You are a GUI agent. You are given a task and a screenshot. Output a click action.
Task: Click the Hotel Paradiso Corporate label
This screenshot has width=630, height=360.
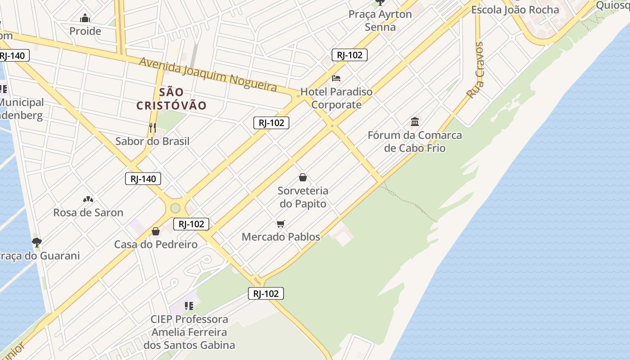tap(337, 98)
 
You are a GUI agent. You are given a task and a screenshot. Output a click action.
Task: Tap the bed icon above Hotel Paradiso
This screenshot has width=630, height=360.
tap(336, 78)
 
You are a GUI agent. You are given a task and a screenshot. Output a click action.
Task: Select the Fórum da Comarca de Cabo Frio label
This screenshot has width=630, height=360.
tap(414, 141)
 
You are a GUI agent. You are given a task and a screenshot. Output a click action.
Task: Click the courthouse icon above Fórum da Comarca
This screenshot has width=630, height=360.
tap(415, 121)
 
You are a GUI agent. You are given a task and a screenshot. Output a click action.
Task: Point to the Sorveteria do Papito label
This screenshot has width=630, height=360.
tap(303, 197)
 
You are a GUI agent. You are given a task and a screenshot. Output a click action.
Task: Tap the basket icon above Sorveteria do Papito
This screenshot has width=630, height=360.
tap(303, 177)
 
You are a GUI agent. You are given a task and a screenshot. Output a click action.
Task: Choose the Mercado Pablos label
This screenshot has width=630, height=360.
tap(281, 237)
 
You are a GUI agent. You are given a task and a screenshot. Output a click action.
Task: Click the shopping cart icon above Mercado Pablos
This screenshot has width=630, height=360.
tap(281, 224)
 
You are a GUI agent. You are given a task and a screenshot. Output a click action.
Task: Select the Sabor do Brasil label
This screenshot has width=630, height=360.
tap(152, 141)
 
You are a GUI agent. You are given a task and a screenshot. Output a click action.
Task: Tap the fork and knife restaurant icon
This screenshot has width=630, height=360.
tap(152, 128)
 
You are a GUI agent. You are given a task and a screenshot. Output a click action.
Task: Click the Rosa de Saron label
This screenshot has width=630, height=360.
tap(88, 212)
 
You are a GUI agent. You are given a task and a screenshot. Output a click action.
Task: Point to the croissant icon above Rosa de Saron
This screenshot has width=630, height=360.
tap(88, 199)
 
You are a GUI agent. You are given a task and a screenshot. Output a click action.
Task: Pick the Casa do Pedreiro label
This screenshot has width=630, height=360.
tap(156, 244)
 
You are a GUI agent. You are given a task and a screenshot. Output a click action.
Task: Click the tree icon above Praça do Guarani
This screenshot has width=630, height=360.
tap(37, 243)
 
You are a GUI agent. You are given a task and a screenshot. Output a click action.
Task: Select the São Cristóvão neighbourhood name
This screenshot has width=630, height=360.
tap(171, 99)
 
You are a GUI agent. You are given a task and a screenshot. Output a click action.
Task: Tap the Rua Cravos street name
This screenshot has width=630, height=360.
tap(475, 70)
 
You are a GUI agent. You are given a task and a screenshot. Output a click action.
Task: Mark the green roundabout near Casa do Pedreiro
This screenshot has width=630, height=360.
tap(175, 208)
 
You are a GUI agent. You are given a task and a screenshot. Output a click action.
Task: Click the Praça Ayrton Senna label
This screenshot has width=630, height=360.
tap(380, 20)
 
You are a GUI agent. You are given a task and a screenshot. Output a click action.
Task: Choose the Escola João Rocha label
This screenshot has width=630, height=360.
tap(515, 10)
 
